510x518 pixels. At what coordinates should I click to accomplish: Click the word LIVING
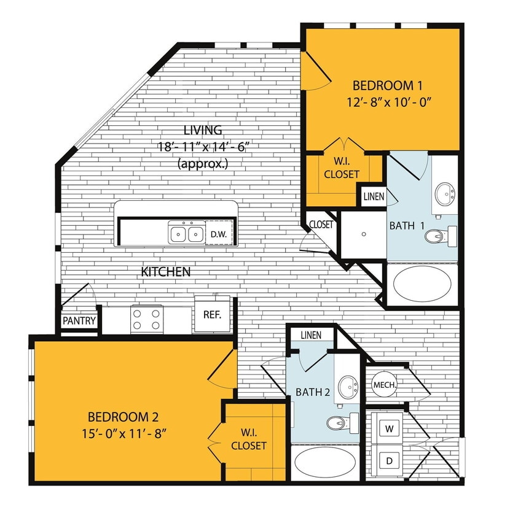[x=203, y=130]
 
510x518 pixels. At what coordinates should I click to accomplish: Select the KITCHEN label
[x=166, y=271]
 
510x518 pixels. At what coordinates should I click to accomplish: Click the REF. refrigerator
[x=212, y=314]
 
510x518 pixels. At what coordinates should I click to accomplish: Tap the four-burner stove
[x=147, y=319]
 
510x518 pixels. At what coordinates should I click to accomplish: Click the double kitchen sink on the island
[x=187, y=233]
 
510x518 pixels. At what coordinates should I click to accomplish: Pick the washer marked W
[x=388, y=427]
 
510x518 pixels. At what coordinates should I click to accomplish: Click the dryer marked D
[x=388, y=460]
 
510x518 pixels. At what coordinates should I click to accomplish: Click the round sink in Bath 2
[x=348, y=387]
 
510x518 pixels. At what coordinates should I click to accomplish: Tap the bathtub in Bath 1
[x=422, y=283]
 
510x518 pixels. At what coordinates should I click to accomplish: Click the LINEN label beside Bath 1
[x=374, y=197]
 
